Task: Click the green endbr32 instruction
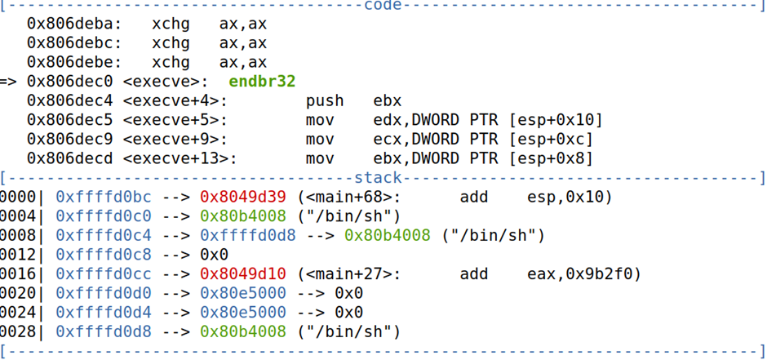tap(262, 82)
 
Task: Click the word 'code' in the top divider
tap(382, 6)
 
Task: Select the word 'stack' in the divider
tap(379, 177)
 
